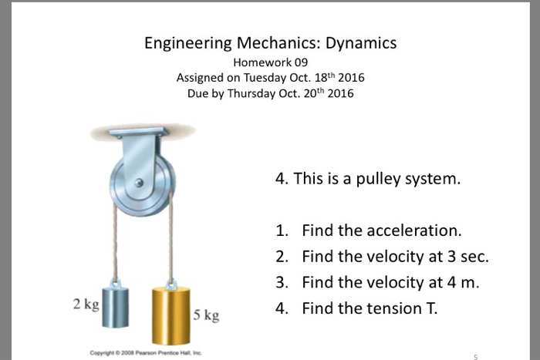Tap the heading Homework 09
(x=270, y=63)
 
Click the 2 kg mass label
(x=86, y=304)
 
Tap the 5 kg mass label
(x=207, y=315)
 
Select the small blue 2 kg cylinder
(x=117, y=305)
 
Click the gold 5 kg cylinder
(x=170, y=315)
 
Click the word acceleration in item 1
(x=414, y=230)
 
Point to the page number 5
(x=476, y=355)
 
